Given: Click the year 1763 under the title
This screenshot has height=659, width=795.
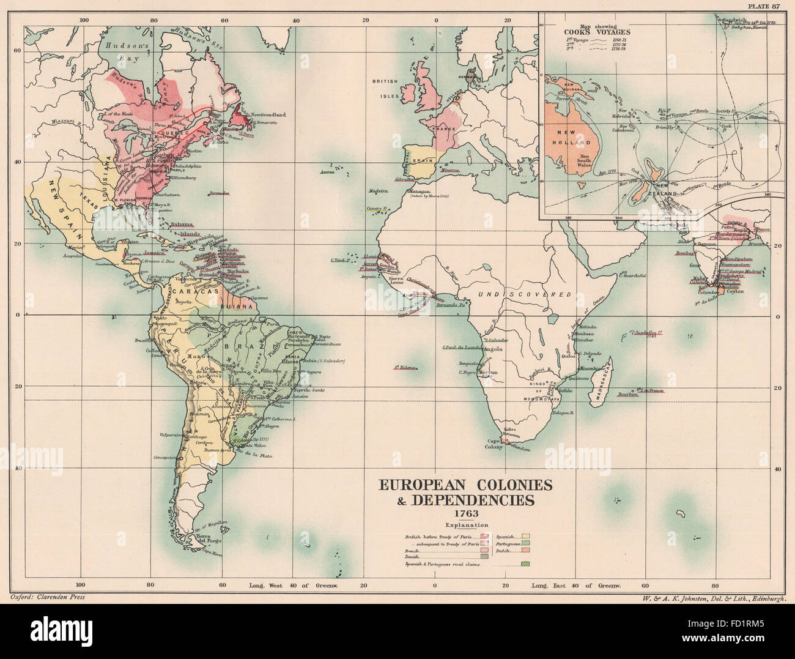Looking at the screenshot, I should (466, 513).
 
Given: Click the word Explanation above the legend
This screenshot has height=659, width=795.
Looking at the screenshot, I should (466, 525).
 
